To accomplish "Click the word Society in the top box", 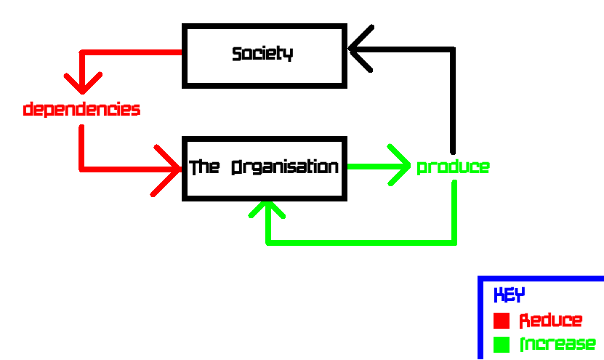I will coord(262,54).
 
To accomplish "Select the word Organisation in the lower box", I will coord(285,167).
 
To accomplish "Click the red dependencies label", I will coord(81,110).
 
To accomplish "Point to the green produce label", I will coord(452,167).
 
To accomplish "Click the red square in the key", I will coord(501,321).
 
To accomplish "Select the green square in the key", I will coord(501,344).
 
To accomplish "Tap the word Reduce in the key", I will coord(550,321).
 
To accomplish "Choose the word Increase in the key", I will coord(557,344).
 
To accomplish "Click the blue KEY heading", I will coord(509,295).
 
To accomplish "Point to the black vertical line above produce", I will coord(453,102).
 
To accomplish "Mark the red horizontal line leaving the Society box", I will coord(131,52).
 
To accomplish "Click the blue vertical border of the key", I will coord(480,320).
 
